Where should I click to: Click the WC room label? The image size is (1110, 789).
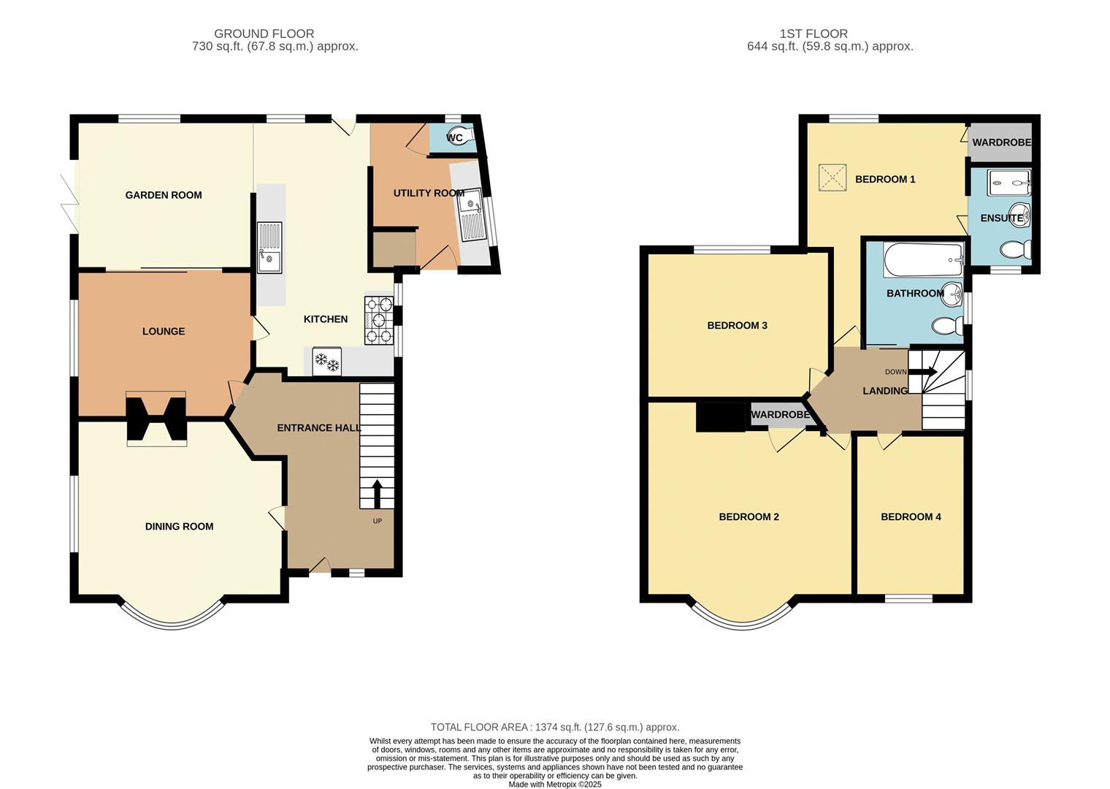[x=454, y=138]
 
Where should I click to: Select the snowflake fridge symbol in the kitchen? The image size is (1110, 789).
[x=326, y=361]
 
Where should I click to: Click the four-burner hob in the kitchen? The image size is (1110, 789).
[x=378, y=320]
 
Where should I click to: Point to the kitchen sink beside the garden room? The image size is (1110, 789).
[x=269, y=247]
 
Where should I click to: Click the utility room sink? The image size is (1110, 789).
[x=471, y=214]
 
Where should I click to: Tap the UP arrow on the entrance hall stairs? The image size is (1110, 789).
[x=377, y=494]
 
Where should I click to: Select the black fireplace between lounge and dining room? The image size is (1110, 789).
[x=156, y=419]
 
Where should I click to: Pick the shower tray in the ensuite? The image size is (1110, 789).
[x=1008, y=183]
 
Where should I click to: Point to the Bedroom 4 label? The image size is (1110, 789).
[x=911, y=517]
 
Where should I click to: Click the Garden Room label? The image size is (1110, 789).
[x=164, y=195]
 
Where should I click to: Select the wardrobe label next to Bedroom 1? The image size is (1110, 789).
[x=1001, y=142]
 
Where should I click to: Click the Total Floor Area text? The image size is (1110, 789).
[x=554, y=727]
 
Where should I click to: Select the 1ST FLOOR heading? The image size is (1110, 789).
[x=814, y=34]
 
